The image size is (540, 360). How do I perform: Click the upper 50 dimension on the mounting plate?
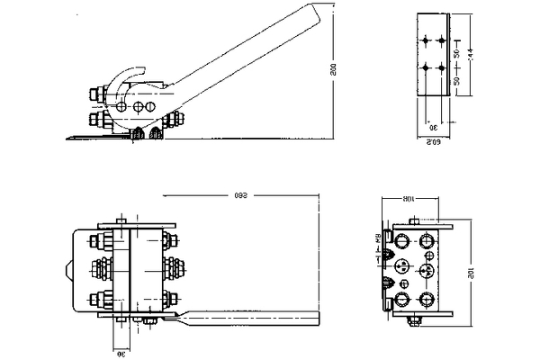pos(458,53)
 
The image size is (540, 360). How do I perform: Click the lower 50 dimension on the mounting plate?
pos(458,81)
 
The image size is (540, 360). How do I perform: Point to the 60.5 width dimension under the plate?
pos(432,140)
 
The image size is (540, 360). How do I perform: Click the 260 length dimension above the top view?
pos(241,195)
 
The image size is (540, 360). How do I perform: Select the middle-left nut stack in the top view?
pos(103,267)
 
